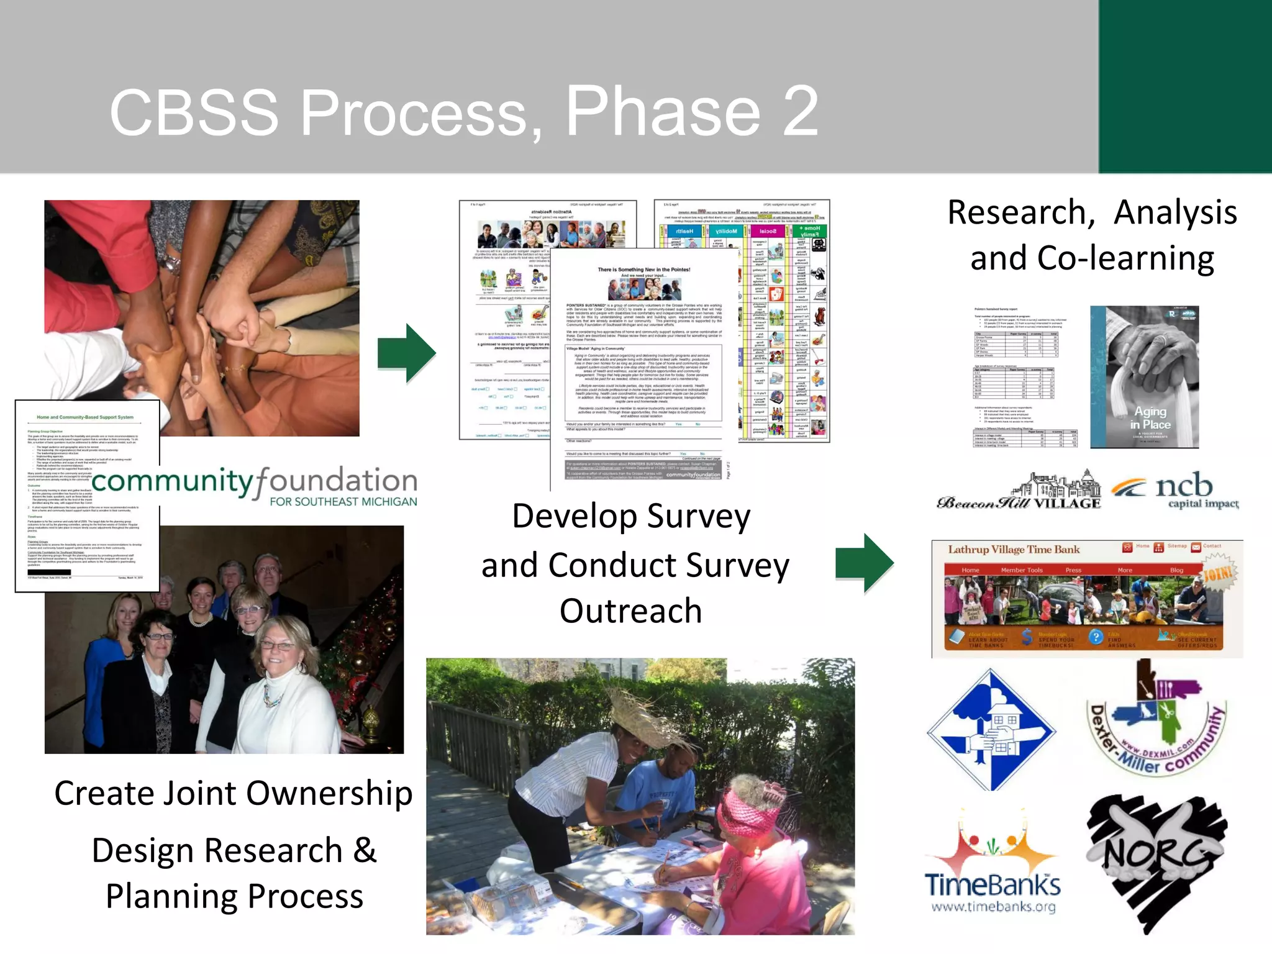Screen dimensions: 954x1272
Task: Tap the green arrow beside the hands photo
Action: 407,353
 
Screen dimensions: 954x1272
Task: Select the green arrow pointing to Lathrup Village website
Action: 865,563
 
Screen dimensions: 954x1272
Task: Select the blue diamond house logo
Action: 992,730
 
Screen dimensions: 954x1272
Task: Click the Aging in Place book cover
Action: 1144,377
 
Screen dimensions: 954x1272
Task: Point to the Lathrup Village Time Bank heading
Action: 1014,550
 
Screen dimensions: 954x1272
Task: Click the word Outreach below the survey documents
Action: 630,611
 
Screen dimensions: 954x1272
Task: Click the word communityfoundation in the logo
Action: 254,481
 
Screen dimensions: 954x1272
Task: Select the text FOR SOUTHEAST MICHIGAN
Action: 343,502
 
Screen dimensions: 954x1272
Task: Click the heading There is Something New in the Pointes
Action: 643,270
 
